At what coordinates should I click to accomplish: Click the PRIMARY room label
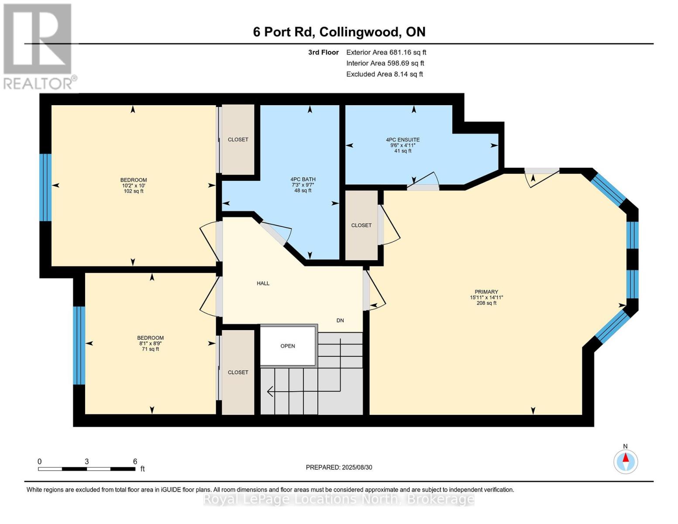(486, 292)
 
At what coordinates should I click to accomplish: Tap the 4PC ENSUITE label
(403, 140)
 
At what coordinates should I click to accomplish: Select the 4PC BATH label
(303, 179)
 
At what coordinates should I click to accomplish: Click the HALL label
(263, 283)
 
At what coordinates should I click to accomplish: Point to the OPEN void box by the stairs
(288, 346)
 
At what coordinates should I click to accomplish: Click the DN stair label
(340, 321)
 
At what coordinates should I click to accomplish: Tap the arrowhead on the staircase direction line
(270, 392)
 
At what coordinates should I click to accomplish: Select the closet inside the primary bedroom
(361, 225)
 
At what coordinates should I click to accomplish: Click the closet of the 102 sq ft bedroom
(238, 140)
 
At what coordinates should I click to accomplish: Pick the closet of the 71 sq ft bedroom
(238, 372)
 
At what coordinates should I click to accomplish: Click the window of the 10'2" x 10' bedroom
(45, 187)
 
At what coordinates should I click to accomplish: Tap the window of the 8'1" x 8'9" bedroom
(79, 345)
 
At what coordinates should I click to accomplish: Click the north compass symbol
(626, 461)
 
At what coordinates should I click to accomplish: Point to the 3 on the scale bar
(87, 462)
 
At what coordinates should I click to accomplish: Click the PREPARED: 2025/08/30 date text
(339, 467)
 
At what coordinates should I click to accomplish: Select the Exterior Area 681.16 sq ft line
(386, 52)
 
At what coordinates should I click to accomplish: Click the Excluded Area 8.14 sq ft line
(384, 74)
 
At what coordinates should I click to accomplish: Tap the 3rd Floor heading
(323, 52)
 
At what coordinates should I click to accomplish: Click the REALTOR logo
(39, 46)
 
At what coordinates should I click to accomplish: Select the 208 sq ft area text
(486, 303)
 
